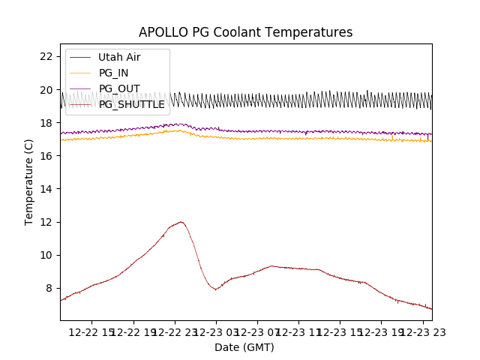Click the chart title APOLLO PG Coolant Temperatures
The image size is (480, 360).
tap(245, 32)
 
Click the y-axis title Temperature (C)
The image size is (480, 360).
tap(29, 182)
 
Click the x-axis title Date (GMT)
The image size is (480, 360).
tap(244, 347)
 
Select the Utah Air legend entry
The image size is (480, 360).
tap(118, 57)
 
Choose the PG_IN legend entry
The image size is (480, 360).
tap(113, 73)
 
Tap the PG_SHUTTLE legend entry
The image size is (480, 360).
tap(131, 104)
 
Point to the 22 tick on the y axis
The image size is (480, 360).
tap(46, 56)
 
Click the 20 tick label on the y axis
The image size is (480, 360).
tap(46, 89)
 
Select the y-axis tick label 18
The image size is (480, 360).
tap(46, 122)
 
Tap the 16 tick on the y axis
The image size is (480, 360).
tap(46, 155)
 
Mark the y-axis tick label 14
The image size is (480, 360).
tap(46, 188)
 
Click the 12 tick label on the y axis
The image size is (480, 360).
tap(46, 221)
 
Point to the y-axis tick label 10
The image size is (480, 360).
tap(46, 255)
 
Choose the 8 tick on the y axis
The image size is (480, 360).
tap(49, 288)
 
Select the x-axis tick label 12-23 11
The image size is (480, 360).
tap(298, 331)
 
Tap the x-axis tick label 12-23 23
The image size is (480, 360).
tap(422, 331)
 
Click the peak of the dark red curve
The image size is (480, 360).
tap(181, 222)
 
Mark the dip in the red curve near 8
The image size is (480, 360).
tap(216, 289)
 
